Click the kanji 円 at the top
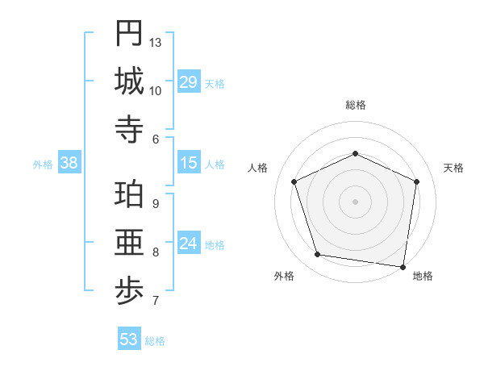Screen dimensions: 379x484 [x=129, y=33]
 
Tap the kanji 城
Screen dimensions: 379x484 [x=129, y=81]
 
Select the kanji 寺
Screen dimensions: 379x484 [x=129, y=129]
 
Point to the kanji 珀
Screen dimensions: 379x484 [x=129, y=194]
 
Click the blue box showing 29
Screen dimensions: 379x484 [x=189, y=82]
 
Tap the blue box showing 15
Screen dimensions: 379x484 [x=189, y=163]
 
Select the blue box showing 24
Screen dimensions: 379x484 [x=189, y=244]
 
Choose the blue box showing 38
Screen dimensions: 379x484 [x=69, y=163]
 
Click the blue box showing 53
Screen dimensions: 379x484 [x=129, y=339]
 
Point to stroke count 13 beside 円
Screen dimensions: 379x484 [x=156, y=42]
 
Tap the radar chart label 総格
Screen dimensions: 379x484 [x=356, y=105]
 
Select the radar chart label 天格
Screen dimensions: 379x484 [x=454, y=168]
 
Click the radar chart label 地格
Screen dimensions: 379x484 [x=423, y=276]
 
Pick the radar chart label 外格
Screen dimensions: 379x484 [x=284, y=276]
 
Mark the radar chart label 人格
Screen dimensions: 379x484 [x=258, y=168]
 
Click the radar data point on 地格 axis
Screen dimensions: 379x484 [x=403, y=265]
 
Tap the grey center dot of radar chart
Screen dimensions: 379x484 [x=355, y=201]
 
